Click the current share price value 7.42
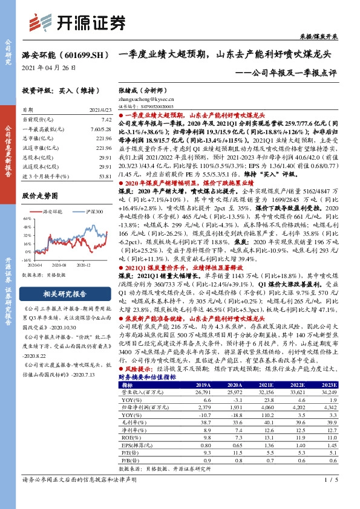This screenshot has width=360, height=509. coord(106,121)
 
